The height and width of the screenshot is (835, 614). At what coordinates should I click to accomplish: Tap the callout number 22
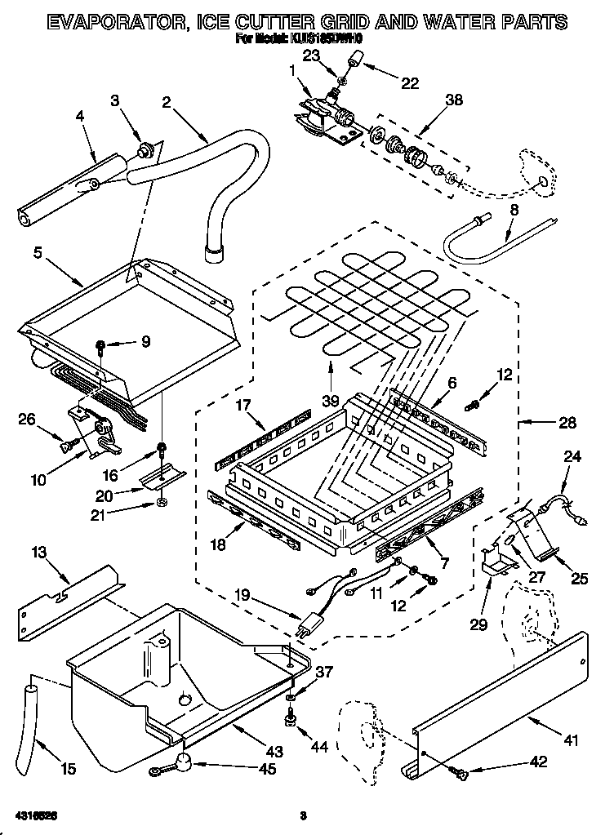pos(409,82)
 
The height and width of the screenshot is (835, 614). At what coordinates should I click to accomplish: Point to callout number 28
pos(567,423)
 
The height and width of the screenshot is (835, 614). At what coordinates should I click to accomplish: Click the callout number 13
pos(37,554)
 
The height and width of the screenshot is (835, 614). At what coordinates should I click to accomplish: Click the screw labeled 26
pos(69,443)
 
